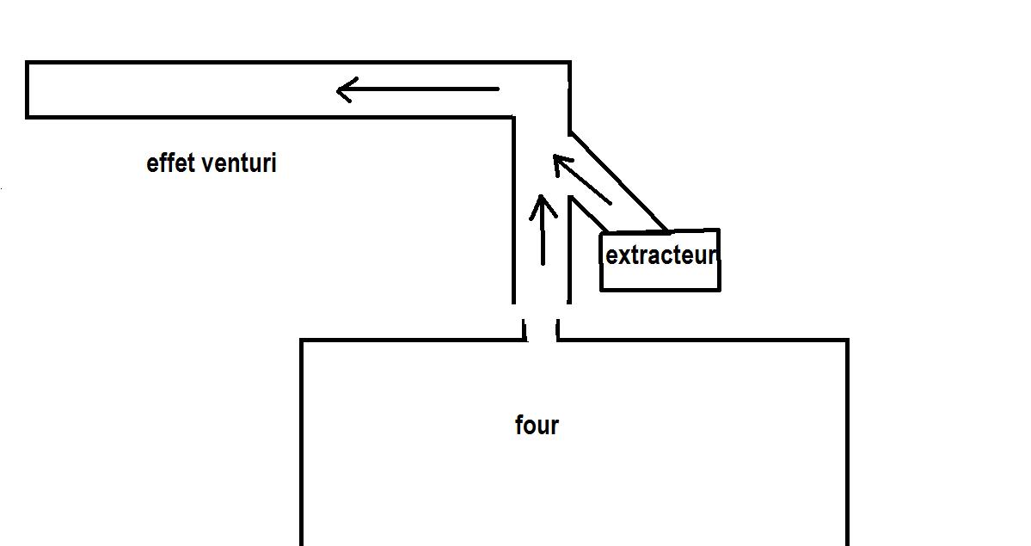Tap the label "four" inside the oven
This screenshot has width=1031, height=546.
tap(537, 425)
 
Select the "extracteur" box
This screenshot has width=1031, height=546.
tap(660, 260)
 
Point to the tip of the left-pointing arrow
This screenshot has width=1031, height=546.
tap(339, 89)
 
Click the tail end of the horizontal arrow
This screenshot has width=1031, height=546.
tap(497, 89)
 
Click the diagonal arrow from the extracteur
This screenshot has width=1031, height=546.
tap(583, 180)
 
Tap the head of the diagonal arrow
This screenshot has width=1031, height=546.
tap(557, 158)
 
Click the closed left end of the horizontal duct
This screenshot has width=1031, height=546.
tap(28, 89)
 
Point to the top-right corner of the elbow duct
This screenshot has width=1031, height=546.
tap(568, 63)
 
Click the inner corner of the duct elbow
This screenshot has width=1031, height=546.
tap(513, 116)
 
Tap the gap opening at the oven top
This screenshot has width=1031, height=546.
tap(541, 330)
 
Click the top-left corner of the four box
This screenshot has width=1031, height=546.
tap(302, 340)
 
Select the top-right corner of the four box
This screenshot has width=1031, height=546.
tap(847, 340)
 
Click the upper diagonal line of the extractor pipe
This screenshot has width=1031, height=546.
tap(619, 181)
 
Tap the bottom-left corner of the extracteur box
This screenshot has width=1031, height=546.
tap(601, 290)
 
